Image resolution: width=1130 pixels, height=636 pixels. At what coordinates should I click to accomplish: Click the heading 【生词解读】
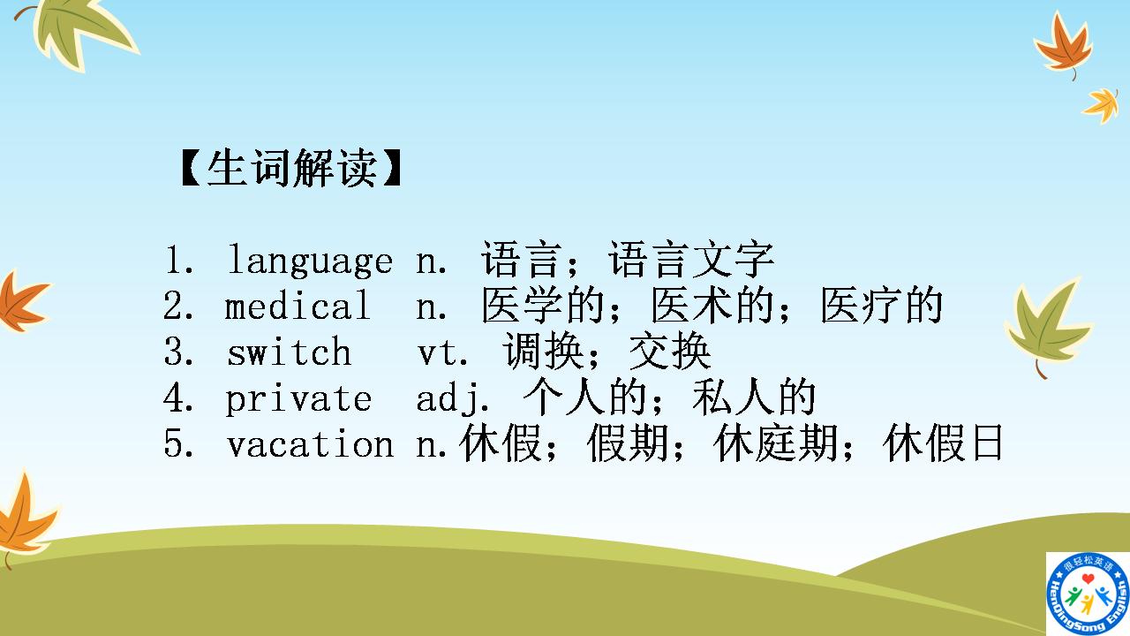290,169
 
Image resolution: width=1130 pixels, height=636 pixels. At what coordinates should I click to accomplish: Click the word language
310,261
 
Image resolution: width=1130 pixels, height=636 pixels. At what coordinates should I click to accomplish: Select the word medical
298,307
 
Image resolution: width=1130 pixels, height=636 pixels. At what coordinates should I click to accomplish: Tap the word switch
289,352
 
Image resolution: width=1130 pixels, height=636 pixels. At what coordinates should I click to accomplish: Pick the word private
298,398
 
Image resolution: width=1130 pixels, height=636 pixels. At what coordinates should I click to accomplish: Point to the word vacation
310,444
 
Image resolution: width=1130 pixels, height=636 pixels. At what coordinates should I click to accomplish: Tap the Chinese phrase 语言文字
691,260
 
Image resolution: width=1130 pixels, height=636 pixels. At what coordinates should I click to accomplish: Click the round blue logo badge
1087,594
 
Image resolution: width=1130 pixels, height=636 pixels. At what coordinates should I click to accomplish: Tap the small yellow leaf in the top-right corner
1102,103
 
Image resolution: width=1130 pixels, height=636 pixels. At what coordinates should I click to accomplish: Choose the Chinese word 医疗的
881,307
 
